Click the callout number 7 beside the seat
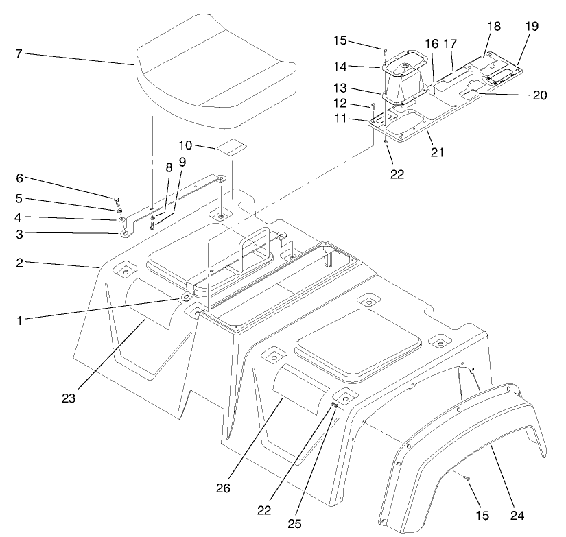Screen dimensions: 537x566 click(20, 53)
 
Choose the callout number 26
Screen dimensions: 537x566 click(224, 489)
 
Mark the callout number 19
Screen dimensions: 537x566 click(532, 26)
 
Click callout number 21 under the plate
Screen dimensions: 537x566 click(437, 152)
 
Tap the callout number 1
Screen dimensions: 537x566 click(20, 320)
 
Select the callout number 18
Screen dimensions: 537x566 click(494, 26)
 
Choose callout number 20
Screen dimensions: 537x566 click(539, 95)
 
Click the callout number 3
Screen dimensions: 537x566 click(20, 234)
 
